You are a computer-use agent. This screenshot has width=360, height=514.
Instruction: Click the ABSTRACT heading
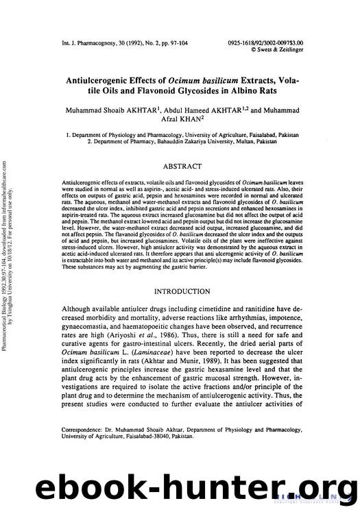click(x=182, y=166)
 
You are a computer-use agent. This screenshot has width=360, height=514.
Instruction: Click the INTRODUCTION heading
click(x=182, y=291)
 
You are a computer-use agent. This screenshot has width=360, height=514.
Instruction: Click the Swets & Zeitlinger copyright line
click(x=302, y=49)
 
